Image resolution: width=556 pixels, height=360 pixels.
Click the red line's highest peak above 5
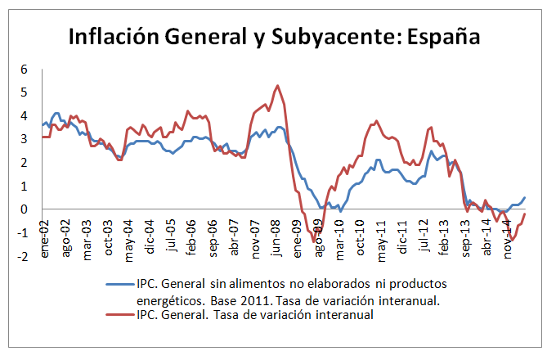(278, 85)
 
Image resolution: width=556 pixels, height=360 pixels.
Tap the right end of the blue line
(525, 197)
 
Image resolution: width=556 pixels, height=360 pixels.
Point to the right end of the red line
(525, 214)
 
